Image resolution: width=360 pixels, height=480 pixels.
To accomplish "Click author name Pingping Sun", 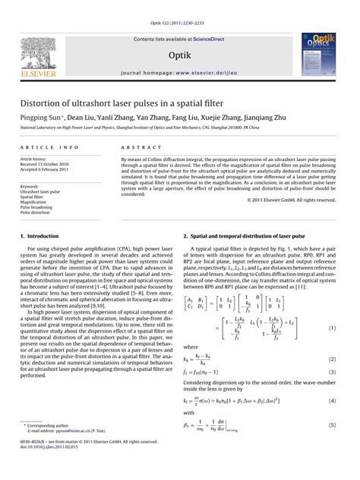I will pos(41,118).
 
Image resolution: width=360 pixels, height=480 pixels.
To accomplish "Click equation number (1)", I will pos(332,327).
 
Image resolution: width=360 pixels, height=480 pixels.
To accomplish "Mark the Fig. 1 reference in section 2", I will pos(284,248).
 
